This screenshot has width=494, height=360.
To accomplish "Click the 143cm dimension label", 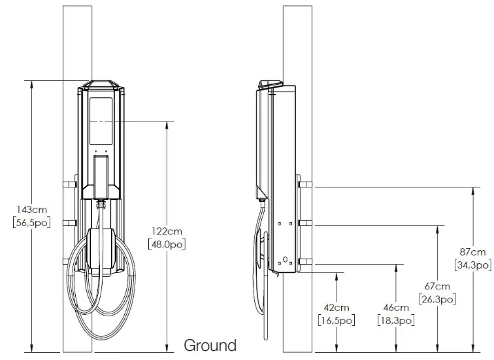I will [30, 209].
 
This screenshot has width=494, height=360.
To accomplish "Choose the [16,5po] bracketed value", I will [336, 320].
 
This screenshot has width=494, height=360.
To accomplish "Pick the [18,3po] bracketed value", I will [395, 320].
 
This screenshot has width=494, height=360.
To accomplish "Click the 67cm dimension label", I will [437, 287].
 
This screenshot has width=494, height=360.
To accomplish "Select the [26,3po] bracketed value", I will [437, 299].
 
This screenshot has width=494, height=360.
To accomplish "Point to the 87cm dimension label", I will [472, 252].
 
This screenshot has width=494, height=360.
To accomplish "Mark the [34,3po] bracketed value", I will [472, 265].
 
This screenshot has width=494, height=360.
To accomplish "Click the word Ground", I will [210, 345].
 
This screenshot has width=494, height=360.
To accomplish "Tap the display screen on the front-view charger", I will [101, 121].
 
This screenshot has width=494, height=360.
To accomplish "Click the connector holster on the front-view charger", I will [101, 176].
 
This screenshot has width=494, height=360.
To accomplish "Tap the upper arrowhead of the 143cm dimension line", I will [31, 84].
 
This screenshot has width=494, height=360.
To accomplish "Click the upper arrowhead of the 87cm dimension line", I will [472, 190].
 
